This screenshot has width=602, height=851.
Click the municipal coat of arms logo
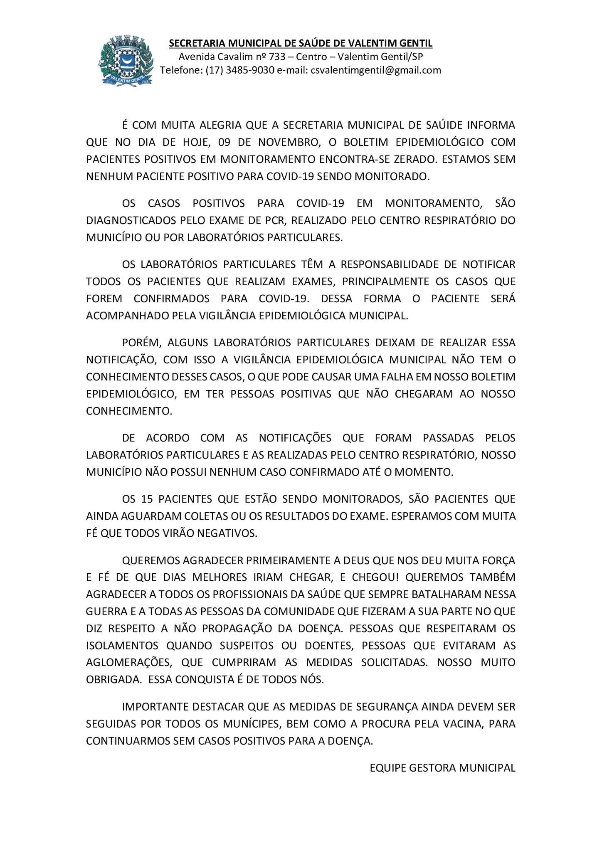125,61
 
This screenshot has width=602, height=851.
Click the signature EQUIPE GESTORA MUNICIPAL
442,768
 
